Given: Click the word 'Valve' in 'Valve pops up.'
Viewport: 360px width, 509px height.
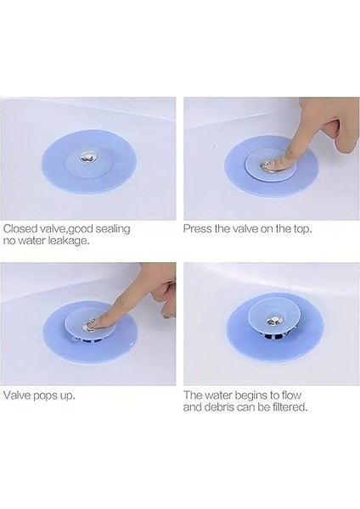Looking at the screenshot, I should click(19, 395).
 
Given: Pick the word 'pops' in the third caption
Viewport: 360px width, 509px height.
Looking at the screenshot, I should click(49, 395).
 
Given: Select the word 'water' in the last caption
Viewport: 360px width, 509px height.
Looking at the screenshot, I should click(225, 394).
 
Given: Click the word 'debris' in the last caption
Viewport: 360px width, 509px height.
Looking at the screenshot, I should click(221, 407).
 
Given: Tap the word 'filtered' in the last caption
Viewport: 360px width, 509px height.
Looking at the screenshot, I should click(286, 407).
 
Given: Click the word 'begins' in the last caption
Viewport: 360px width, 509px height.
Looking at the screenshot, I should click(260, 394).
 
